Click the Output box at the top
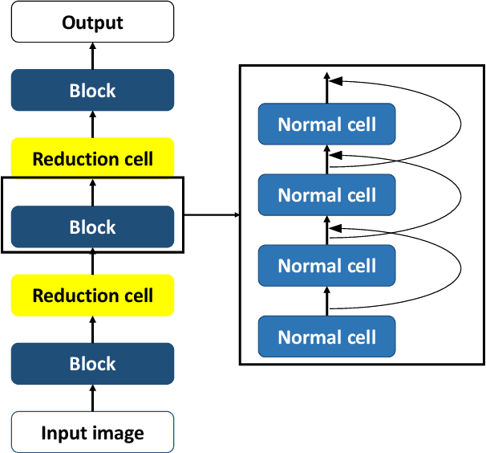click(92, 22)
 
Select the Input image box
click(92, 434)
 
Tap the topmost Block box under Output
click(92, 90)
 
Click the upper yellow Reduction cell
click(92, 158)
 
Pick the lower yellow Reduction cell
click(92, 295)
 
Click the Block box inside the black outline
click(92, 227)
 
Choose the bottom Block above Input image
click(92, 364)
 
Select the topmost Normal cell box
click(326, 124)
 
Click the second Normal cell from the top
click(326, 194)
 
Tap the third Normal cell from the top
click(326, 265)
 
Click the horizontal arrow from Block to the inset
click(213, 215)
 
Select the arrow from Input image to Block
click(92, 398)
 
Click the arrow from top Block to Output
click(92, 55)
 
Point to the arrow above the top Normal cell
click(326, 87)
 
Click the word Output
click(92, 22)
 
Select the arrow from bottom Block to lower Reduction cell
click(92, 329)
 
